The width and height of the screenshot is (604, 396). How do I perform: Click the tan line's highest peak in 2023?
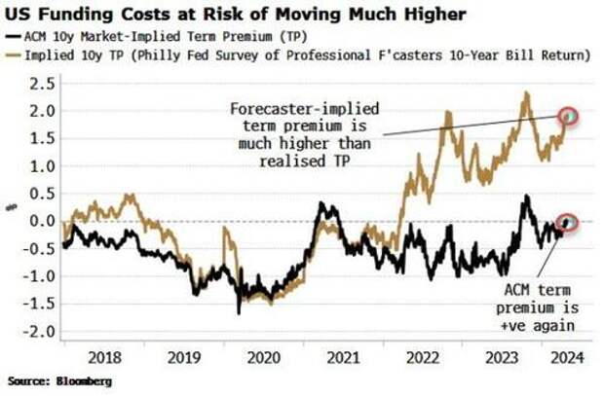pyautogui.click(x=526, y=93)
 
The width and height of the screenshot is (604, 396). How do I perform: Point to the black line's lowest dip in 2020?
pyautogui.click(x=240, y=312)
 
